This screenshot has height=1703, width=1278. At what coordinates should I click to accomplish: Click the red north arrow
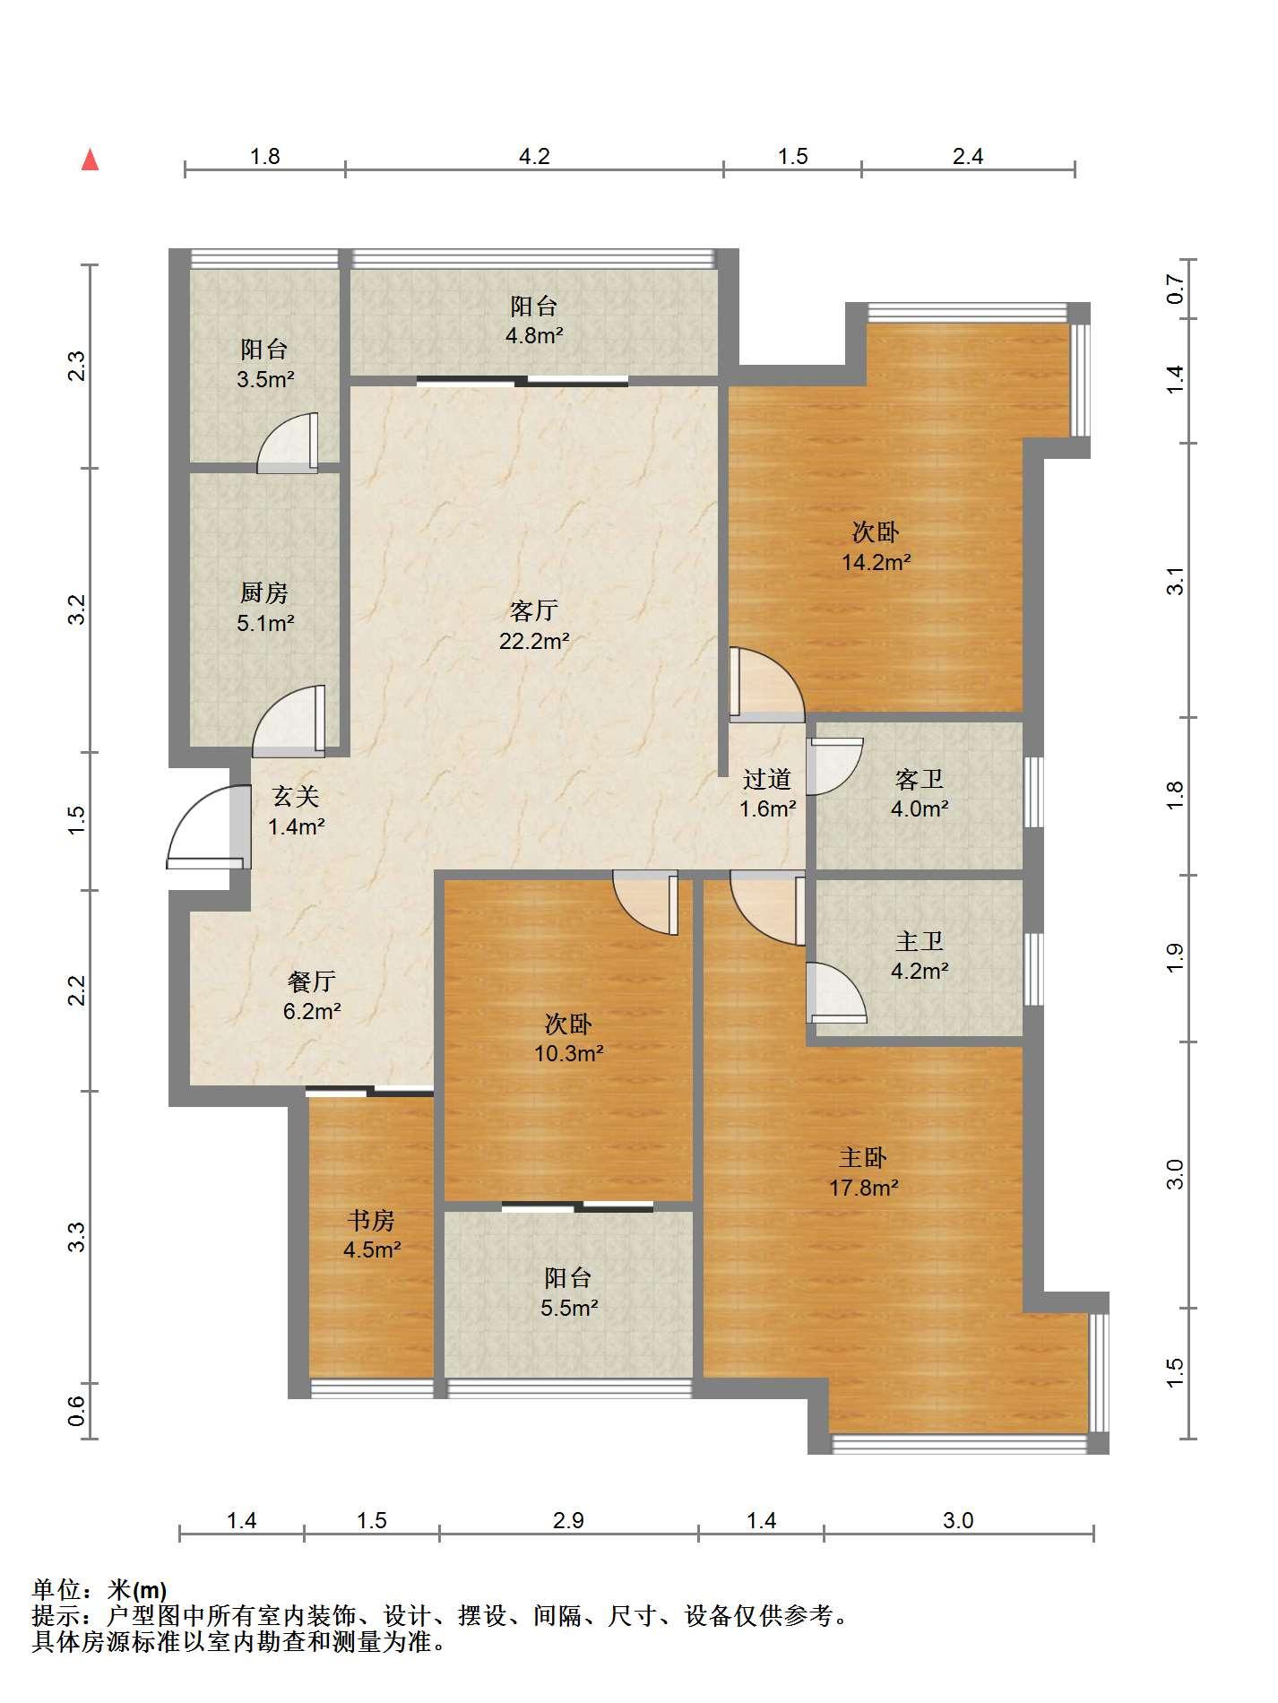pos(90,160)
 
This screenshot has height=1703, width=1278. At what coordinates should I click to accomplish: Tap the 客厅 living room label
pos(534,626)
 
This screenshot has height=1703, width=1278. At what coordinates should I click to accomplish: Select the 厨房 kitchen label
pos(264,608)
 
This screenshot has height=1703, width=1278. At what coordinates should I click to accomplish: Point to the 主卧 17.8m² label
pos(863,1172)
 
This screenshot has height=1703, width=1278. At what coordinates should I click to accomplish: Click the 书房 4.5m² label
pos(371,1234)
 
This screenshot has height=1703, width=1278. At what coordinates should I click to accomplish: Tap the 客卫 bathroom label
pos(920,794)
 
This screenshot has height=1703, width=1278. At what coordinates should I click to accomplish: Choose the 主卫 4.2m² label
pos(920,955)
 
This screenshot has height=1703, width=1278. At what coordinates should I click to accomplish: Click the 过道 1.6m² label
pos(767,794)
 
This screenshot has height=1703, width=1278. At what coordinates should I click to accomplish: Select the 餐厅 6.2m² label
pos(312,997)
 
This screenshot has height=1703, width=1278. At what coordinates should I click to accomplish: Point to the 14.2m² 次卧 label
pos(876,548)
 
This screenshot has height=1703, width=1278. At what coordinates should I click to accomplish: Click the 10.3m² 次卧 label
pos(568,1038)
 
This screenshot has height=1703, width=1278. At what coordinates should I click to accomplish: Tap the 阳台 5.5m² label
pos(568,1292)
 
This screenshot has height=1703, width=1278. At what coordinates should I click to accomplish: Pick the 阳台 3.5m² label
pos(265,364)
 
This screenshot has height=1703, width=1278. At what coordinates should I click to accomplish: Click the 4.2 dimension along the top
pos(534,156)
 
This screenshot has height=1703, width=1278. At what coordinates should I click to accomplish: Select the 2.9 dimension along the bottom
pos(568,1520)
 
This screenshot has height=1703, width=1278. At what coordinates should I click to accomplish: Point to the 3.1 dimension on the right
pos(1175,581)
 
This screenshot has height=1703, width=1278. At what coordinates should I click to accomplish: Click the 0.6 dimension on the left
pos(77,1412)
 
